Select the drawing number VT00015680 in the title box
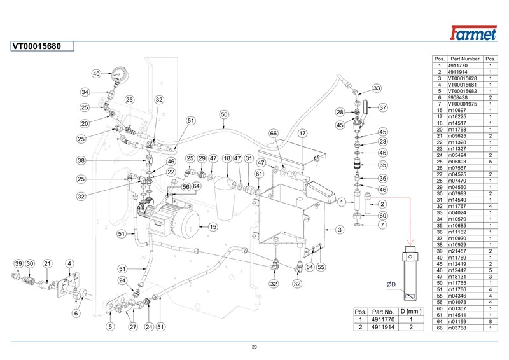coord(38,46)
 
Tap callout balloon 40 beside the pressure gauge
coord(96,74)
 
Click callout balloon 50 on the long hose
coord(223,115)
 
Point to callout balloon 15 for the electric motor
coord(213,226)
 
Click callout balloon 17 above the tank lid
coord(303,134)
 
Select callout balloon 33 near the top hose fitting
coord(376,88)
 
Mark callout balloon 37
coord(383,107)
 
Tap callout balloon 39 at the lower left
coord(18,263)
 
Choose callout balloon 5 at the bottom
coord(109,327)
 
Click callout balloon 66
coord(274,134)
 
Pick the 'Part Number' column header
coord(465,59)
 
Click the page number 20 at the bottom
coord(254,347)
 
